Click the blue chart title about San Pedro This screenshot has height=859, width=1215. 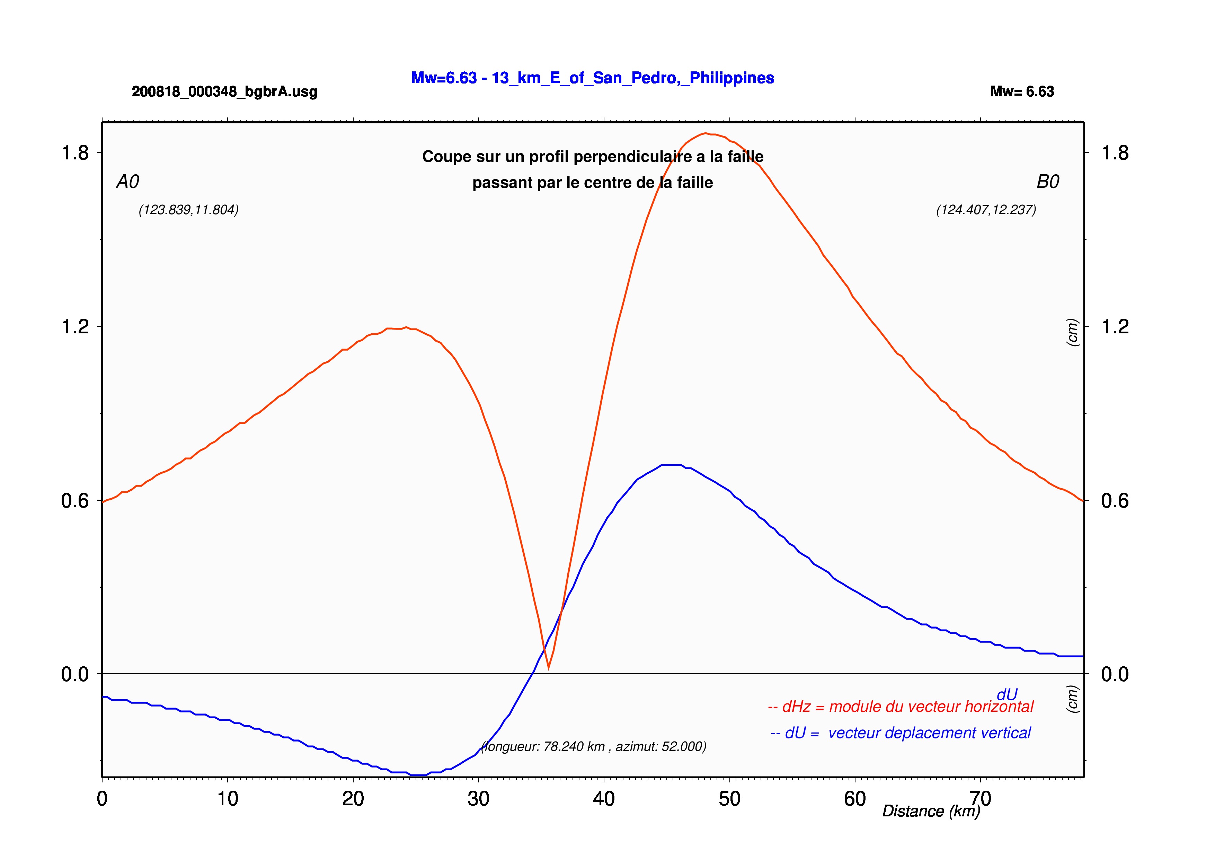[593, 78]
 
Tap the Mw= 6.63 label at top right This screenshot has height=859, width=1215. [1022, 91]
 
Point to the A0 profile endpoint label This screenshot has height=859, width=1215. [127, 182]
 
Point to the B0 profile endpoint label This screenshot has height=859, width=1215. [1048, 182]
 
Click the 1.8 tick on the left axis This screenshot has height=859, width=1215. [75, 152]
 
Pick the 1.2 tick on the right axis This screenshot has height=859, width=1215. [1115, 326]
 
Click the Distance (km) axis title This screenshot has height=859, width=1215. [931, 811]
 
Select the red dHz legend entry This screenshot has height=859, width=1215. [900, 707]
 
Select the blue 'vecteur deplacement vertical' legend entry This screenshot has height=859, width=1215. [901, 733]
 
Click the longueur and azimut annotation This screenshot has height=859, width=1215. [594, 746]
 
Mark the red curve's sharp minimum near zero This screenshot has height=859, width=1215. [549, 668]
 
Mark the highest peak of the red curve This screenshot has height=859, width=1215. [706, 133]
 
